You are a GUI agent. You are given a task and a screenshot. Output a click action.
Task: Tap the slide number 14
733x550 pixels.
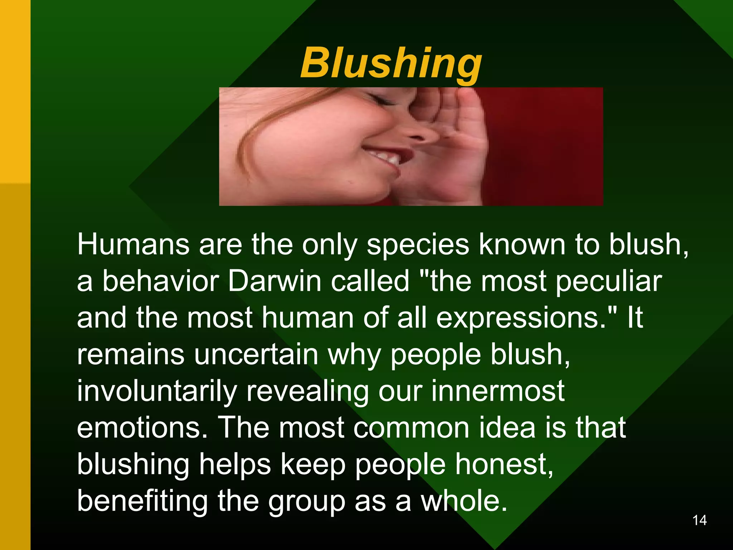click(x=699, y=520)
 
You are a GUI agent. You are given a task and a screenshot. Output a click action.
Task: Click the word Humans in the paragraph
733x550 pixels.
click(x=133, y=245)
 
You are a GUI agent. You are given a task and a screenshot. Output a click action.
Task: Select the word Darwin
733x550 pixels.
click(x=275, y=281)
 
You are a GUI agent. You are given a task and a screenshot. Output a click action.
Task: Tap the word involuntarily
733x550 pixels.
click(x=157, y=392)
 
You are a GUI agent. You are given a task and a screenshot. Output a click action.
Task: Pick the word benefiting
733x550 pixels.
click(x=142, y=501)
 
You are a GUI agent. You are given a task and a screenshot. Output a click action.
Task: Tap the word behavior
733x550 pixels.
click(x=160, y=281)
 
